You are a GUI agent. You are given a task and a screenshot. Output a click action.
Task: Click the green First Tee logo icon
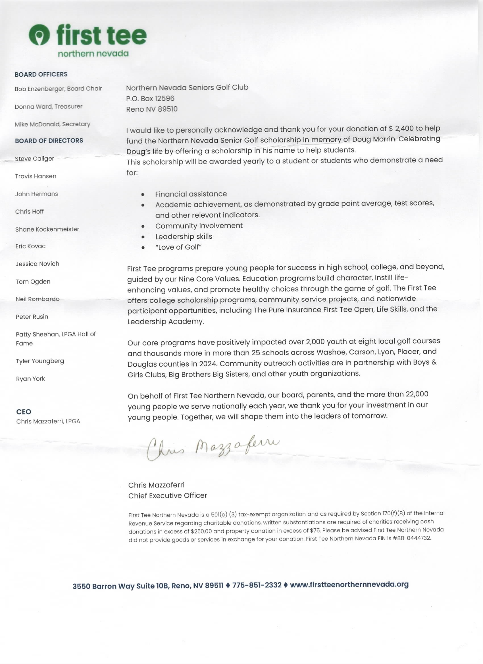point(39,35)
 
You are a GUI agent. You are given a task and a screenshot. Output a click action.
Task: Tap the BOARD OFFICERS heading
point(41,74)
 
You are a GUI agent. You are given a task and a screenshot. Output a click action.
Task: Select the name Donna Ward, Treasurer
point(49,107)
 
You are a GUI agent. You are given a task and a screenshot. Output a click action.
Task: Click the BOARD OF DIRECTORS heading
point(49,140)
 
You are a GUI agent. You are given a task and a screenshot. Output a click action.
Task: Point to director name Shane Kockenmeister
point(47,229)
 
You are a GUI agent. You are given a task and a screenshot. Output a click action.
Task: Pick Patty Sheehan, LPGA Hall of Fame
point(56,339)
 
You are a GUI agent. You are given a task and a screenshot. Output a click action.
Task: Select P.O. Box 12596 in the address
point(150,98)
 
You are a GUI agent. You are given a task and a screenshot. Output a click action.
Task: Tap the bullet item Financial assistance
point(191,194)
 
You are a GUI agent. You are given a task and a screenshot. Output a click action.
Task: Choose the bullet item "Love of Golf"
point(178,247)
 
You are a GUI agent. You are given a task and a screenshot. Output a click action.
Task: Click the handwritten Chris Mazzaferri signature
point(213,448)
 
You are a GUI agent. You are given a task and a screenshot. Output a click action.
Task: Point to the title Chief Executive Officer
point(167,495)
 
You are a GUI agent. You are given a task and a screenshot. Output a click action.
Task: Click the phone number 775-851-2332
point(257,585)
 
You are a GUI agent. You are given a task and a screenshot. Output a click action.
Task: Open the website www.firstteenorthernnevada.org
point(349,584)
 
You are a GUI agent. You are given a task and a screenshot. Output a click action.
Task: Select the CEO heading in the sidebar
point(24,412)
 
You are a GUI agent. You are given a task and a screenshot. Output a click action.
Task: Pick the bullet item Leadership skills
point(184,237)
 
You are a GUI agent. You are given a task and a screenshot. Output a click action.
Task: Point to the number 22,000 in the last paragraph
point(417,394)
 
